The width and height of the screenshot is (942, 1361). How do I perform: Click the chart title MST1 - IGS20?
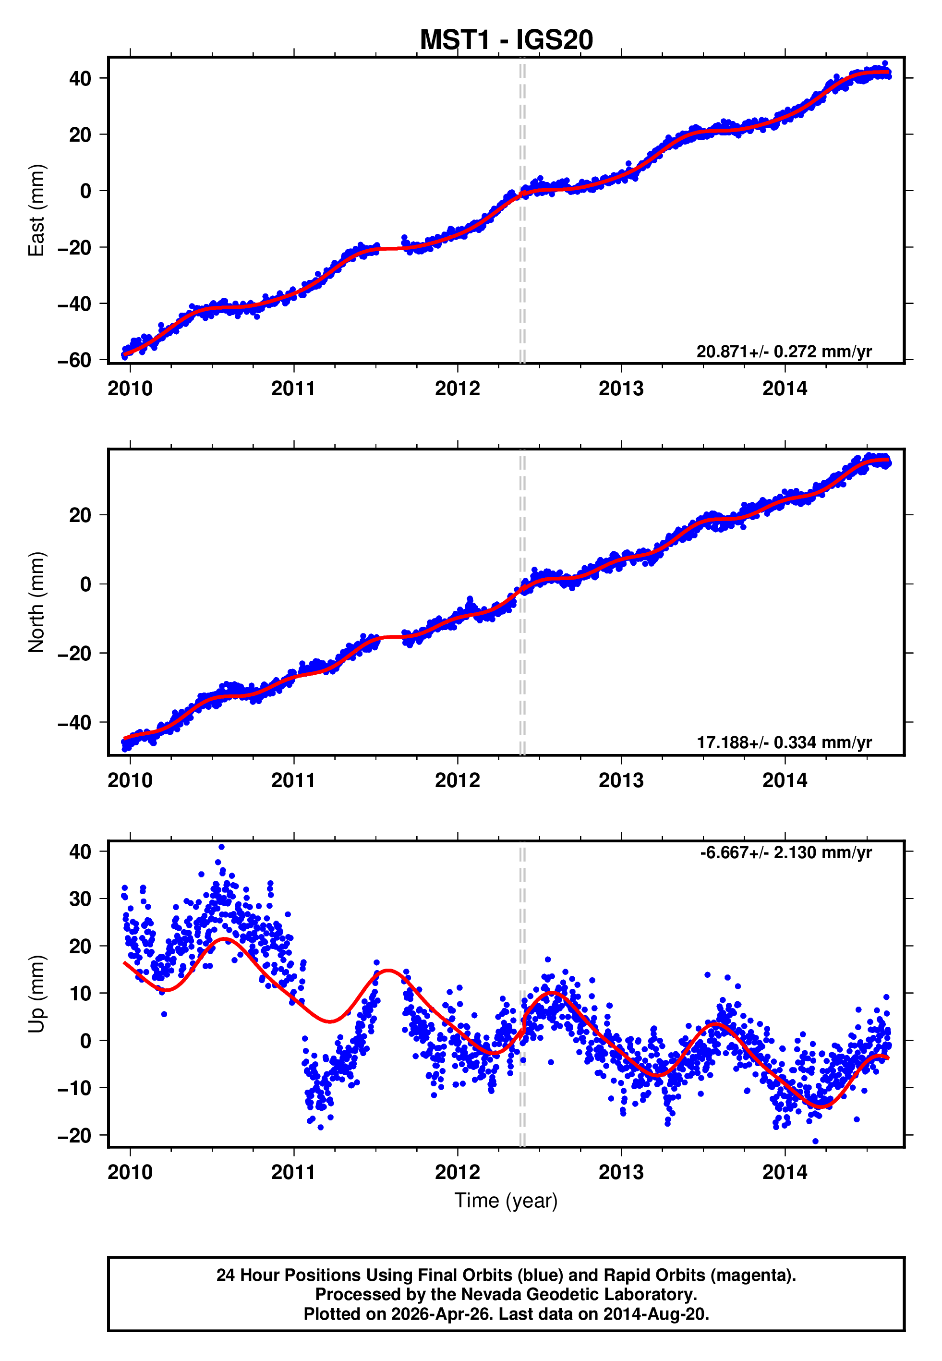click(x=506, y=40)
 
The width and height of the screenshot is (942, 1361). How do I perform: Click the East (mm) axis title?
click(x=36, y=210)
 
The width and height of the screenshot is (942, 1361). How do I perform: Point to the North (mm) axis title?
click(x=36, y=602)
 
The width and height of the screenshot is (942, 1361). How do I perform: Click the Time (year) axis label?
click(x=506, y=1201)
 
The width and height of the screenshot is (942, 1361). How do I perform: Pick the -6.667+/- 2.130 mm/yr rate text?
click(x=785, y=852)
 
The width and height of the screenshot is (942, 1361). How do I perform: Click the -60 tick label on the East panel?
click(x=74, y=360)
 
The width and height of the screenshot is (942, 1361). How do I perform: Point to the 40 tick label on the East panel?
click(x=80, y=78)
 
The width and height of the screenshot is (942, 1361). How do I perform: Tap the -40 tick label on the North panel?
click(x=74, y=722)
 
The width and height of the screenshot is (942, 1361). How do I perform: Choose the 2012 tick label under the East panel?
click(x=458, y=389)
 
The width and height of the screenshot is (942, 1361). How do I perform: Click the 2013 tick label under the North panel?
click(x=621, y=780)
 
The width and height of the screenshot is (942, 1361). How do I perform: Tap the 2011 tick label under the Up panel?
click(x=293, y=1172)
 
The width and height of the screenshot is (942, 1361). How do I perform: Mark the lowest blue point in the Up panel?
click(x=816, y=1142)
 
